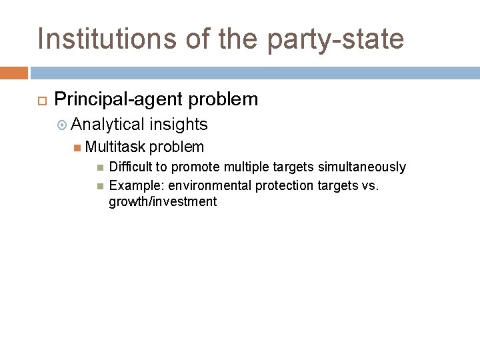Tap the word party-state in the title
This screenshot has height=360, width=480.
coord(335,39)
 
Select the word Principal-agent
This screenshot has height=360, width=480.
coord(118,99)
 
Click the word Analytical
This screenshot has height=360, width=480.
coord(108,124)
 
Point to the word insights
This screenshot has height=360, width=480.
coord(179,124)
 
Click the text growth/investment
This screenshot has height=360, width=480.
coord(163,201)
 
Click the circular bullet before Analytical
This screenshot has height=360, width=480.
coord(62,125)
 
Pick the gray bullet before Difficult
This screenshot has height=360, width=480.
coord(99,167)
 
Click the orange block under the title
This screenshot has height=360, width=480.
coord(14,73)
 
